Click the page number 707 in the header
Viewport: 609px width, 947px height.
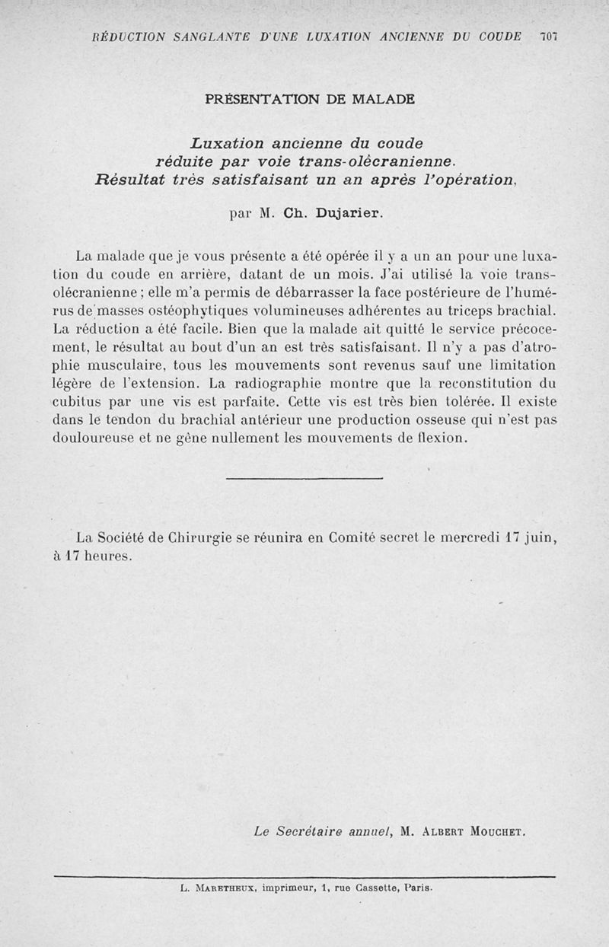(548, 37)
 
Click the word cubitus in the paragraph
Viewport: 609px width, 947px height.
(79, 402)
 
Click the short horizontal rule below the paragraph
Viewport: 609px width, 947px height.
(304, 478)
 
